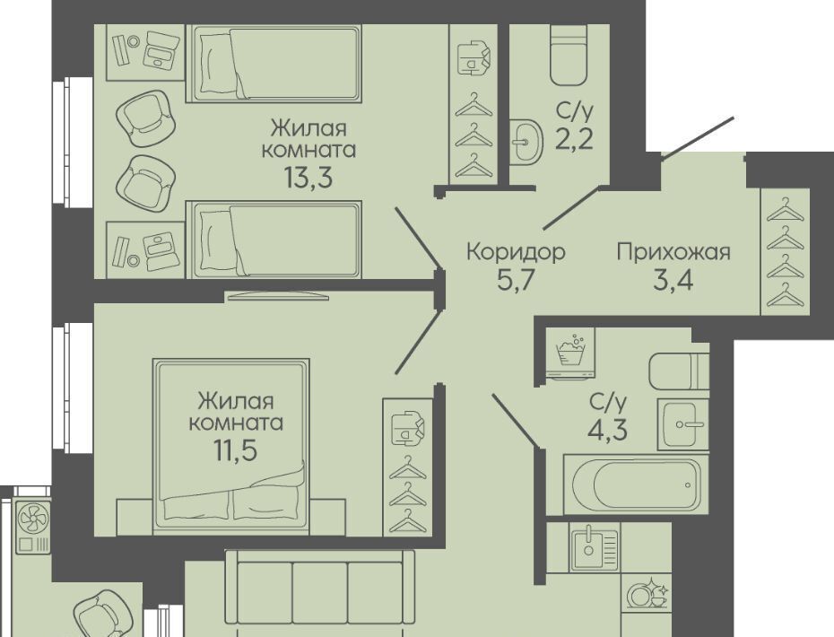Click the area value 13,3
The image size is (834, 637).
pos(308,178)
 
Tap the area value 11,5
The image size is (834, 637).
pos(236,449)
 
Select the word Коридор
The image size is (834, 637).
pos(516,251)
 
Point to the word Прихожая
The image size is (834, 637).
pos(673,251)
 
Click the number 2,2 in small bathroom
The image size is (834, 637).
pos(575,140)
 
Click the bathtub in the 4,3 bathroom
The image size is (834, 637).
pos(637,484)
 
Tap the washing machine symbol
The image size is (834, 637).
pos(569,353)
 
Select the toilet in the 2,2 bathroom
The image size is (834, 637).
pos(569,56)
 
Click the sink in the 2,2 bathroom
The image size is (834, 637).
pos(526,141)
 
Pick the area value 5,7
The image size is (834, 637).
pos(515,280)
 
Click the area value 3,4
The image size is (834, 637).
pos(673,280)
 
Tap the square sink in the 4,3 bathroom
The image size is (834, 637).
pos(682,423)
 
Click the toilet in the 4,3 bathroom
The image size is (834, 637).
pos(679,371)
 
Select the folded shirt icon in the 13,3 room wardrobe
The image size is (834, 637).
pos(473,57)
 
